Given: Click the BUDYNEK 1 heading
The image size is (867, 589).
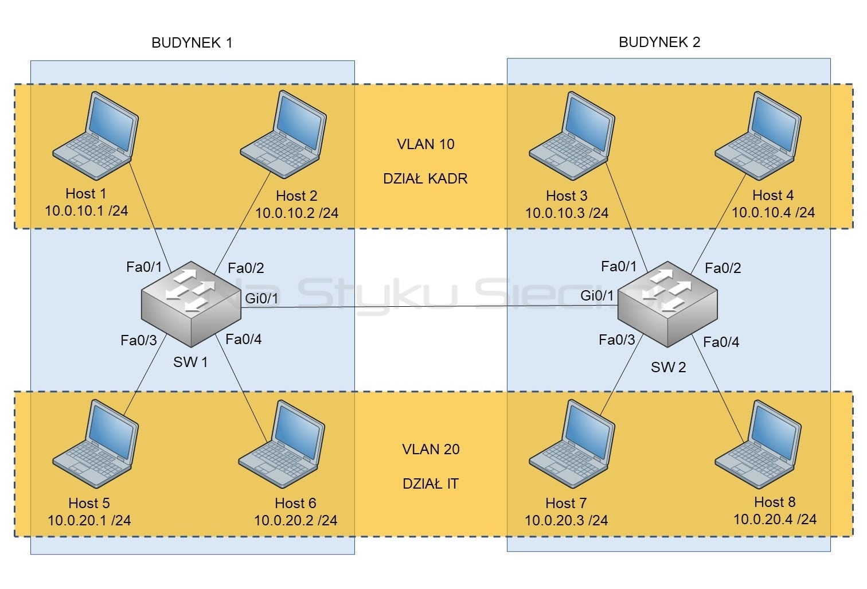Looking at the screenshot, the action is (192, 42).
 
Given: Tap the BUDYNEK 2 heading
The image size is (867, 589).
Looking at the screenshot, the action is (659, 42).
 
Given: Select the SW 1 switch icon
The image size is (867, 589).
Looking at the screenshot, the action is (191, 304).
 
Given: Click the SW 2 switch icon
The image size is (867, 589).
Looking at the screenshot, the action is (667, 304).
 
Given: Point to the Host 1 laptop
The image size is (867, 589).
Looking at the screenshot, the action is (96, 135).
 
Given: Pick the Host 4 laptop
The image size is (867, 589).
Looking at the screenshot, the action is (758, 135).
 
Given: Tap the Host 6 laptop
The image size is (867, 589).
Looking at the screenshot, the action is (282, 444).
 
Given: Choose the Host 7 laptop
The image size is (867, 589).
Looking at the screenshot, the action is (572, 444).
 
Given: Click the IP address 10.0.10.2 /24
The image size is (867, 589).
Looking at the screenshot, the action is (297, 213).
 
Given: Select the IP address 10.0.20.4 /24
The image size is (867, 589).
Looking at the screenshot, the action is (775, 519).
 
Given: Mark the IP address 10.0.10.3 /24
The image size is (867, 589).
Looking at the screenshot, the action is (567, 213).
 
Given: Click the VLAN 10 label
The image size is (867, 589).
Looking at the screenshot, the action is (425, 144).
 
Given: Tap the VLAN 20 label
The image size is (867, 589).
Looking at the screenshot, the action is (431, 449).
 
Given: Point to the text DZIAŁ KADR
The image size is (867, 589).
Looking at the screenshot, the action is (425, 178).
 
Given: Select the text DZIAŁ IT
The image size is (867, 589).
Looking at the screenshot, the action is (431, 483).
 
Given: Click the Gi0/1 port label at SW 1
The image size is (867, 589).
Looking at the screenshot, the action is (261, 298).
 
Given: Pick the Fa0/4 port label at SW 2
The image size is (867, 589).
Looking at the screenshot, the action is (721, 342).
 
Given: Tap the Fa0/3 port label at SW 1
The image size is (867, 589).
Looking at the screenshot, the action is (139, 340).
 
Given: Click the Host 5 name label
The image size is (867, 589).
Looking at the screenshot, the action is (89, 503).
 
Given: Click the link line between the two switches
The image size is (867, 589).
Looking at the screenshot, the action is (429, 307).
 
